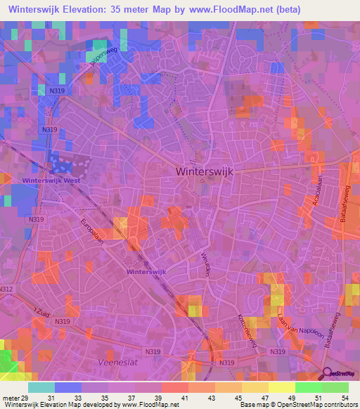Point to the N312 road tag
coord(6,289)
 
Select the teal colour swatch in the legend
coord(41,387)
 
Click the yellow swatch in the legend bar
coord(282,387)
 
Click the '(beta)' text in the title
coord(288,10)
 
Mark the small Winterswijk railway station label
coord(146,271)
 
